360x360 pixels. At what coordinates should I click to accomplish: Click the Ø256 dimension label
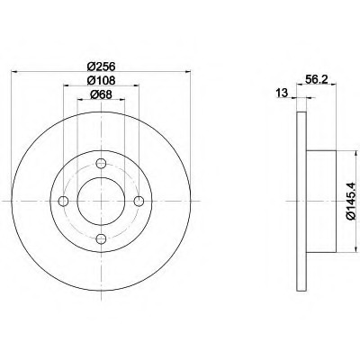coord(102,66)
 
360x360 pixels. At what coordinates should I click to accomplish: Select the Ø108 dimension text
coord(102,80)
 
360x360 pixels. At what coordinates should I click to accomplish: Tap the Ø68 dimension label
coord(101,94)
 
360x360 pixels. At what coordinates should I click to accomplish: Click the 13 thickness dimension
coord(282,93)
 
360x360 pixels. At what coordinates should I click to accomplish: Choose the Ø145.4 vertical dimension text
coord(352,202)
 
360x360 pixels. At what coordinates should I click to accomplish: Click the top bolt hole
coord(101,164)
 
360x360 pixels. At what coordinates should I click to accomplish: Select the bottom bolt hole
coord(101,239)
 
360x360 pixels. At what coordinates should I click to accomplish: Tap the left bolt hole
coord(63,202)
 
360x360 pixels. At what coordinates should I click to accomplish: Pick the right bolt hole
coord(139,202)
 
